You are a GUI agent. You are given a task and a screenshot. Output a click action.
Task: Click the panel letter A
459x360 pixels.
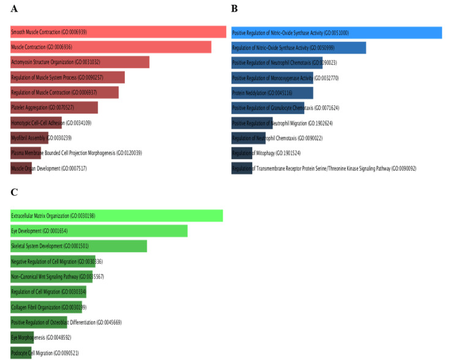[14, 9]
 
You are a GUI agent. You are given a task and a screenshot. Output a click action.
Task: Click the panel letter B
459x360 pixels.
[234, 9]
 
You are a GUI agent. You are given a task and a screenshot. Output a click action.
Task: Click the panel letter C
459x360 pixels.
[14, 192]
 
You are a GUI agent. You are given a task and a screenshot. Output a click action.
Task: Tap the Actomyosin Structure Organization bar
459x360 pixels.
[80, 62]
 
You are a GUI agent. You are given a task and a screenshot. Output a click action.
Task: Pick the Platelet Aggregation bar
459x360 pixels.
[54, 108]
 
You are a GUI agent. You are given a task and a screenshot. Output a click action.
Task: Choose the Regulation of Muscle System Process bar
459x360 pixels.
[67, 77]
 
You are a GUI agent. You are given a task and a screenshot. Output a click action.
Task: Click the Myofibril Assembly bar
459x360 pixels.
[29, 138]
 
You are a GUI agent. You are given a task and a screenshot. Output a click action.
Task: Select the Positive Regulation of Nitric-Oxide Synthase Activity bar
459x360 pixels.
[337, 32]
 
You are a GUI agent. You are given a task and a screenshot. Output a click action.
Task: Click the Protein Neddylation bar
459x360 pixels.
[272, 92]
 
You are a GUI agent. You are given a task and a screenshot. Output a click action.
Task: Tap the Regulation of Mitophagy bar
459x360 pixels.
[242, 152]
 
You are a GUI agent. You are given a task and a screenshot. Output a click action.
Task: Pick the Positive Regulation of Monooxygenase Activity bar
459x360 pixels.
[272, 78]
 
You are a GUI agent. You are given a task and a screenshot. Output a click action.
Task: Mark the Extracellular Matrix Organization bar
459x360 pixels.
[116, 216]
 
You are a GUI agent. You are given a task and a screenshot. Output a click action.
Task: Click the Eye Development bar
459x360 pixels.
[99, 231]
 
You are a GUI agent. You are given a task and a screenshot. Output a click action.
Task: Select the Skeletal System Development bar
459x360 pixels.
[78, 246]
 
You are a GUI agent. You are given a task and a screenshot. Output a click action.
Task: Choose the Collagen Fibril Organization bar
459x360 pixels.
[46, 307]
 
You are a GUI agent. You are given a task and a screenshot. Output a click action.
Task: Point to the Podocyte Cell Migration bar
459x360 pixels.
[21, 352]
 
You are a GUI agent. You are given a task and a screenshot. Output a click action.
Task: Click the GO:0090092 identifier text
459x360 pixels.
[403, 168]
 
